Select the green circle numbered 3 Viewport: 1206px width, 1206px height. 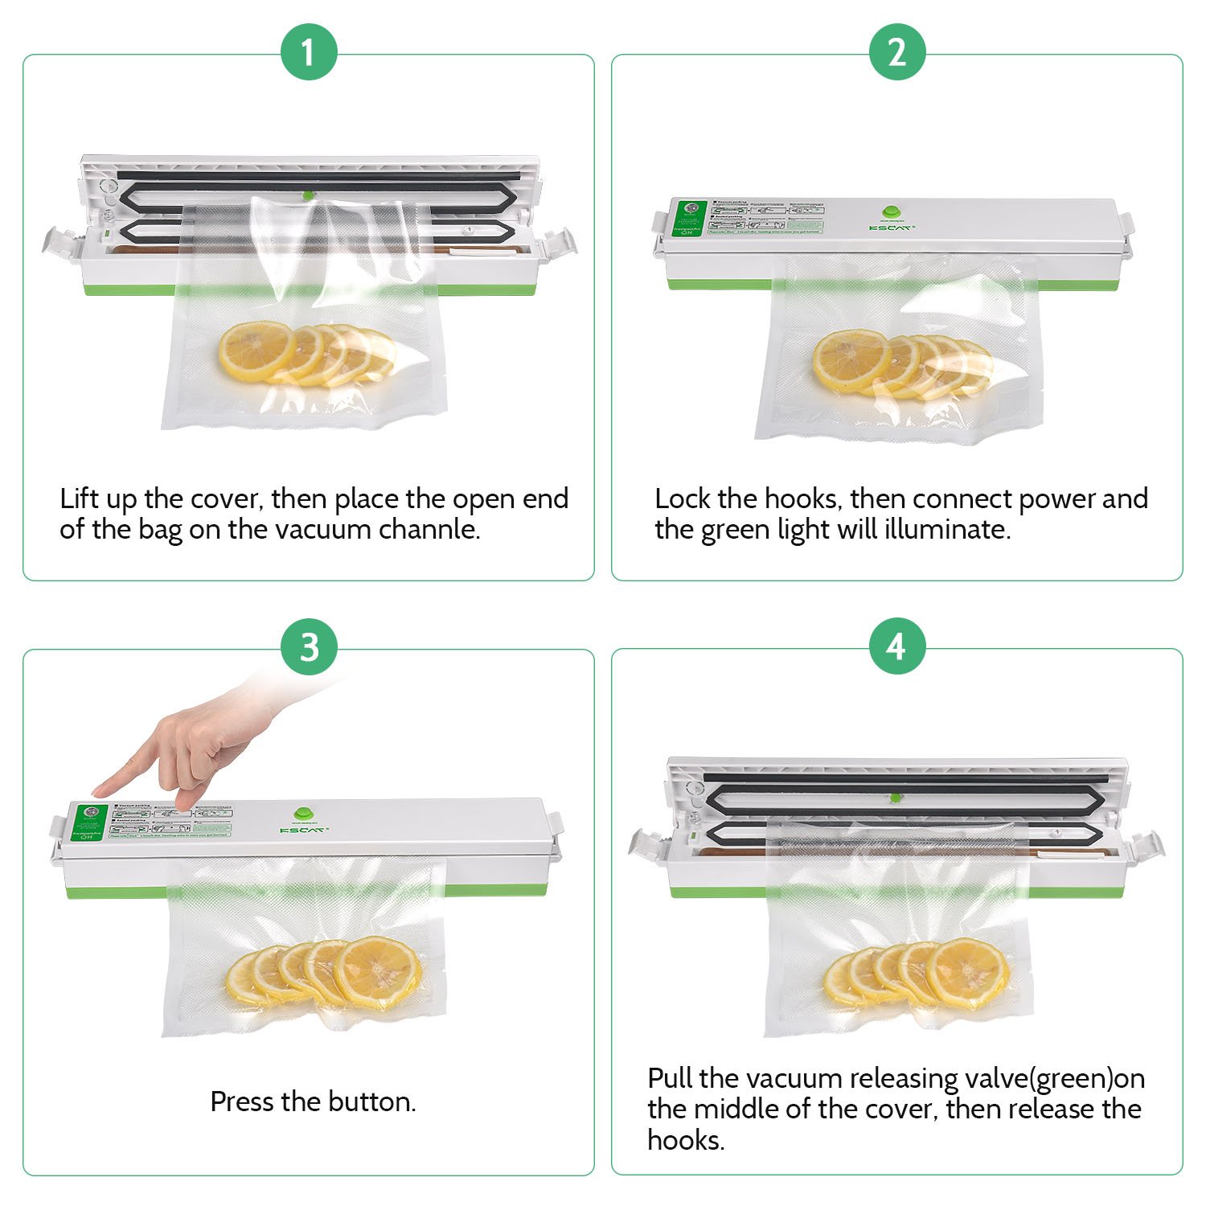309,647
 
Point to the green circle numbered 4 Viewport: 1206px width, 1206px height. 897,647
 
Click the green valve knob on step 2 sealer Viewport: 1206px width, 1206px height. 891,213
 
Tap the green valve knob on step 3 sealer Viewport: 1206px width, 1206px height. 304,814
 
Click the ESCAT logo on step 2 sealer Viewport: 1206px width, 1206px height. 891,228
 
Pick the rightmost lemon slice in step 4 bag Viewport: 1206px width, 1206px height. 969,970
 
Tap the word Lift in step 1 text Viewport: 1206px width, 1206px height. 80,498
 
